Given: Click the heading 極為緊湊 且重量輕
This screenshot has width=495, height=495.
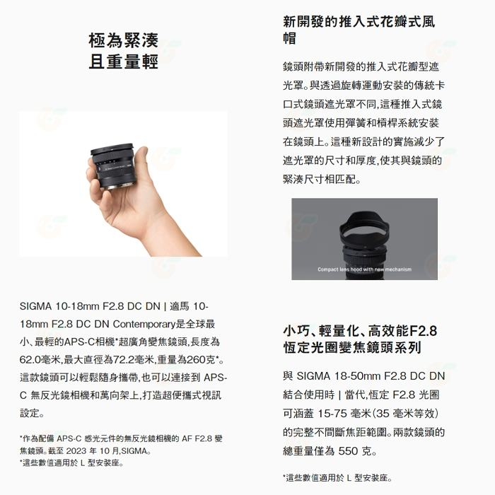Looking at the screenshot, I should tap(123, 51).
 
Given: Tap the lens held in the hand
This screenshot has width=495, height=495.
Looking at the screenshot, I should tap(117, 162).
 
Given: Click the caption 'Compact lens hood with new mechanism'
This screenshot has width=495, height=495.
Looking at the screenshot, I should tap(364, 269).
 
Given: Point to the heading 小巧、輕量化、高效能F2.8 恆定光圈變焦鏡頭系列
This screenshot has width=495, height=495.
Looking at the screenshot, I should tap(359, 339).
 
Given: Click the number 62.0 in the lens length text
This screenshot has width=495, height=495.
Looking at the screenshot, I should tap(33, 360).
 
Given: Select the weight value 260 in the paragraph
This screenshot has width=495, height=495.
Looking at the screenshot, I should tap(196, 360).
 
